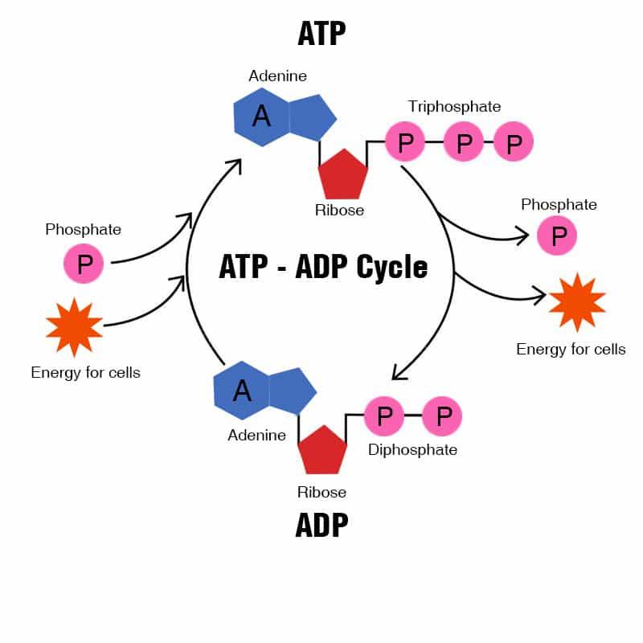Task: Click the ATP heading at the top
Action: pyautogui.click(x=321, y=34)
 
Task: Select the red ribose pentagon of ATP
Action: pyautogui.click(x=343, y=174)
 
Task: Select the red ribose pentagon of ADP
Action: pyautogui.click(x=322, y=451)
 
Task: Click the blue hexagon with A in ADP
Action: pyautogui.click(x=241, y=391)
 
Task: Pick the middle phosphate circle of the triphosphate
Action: pyautogui.click(x=464, y=143)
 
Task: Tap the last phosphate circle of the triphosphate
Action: pyautogui.click(x=514, y=143)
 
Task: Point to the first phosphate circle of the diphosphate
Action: pyautogui.click(x=384, y=416)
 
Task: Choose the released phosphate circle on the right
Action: pyautogui.click(x=557, y=235)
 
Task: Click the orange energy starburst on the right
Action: pyautogui.click(x=577, y=301)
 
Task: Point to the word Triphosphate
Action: pyautogui.click(x=454, y=106)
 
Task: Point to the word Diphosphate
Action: pyautogui.click(x=412, y=449)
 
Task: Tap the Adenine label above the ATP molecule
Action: pyautogui.click(x=277, y=76)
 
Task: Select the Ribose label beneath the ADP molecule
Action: pyautogui.click(x=321, y=492)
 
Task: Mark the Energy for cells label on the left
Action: pyautogui.click(x=85, y=372)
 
